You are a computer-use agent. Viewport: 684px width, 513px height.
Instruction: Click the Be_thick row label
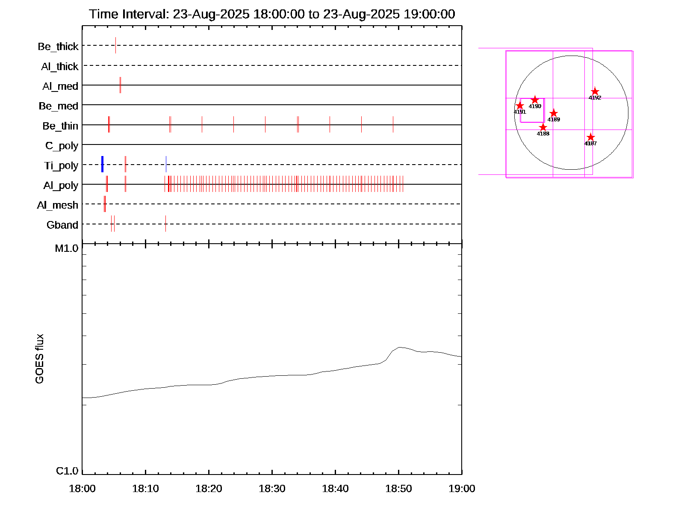[58, 47]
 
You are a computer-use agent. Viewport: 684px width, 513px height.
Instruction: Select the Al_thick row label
[60, 67]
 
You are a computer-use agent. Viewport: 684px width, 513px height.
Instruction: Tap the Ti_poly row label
[61, 166]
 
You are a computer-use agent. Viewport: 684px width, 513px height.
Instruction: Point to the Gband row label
[62, 225]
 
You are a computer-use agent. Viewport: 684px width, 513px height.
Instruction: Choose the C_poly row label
[62, 146]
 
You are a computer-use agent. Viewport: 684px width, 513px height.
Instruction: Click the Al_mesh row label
[58, 206]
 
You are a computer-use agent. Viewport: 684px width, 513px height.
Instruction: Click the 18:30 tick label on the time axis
[272, 489]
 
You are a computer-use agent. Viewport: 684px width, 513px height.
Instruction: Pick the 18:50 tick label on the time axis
[398, 489]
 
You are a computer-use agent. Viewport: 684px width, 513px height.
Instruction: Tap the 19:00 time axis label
[462, 489]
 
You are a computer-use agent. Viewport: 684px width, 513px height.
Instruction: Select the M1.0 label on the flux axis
[67, 248]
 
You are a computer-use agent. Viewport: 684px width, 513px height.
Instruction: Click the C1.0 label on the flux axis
[67, 471]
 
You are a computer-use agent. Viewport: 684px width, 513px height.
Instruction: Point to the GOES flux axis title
[39, 359]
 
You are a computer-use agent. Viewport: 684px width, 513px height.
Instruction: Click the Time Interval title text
[272, 14]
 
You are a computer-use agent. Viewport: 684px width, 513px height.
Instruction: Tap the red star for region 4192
[595, 91]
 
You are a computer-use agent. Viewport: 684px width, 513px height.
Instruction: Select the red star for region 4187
[590, 137]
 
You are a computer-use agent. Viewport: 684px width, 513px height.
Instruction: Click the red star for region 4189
[554, 113]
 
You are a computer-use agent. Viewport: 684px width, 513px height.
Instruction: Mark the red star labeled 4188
[543, 127]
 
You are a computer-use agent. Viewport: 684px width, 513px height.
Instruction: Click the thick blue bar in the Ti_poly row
[102, 165]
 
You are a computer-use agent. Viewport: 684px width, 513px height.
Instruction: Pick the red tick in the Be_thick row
[115, 45]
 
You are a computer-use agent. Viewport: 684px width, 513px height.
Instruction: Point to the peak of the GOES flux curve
[400, 348]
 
